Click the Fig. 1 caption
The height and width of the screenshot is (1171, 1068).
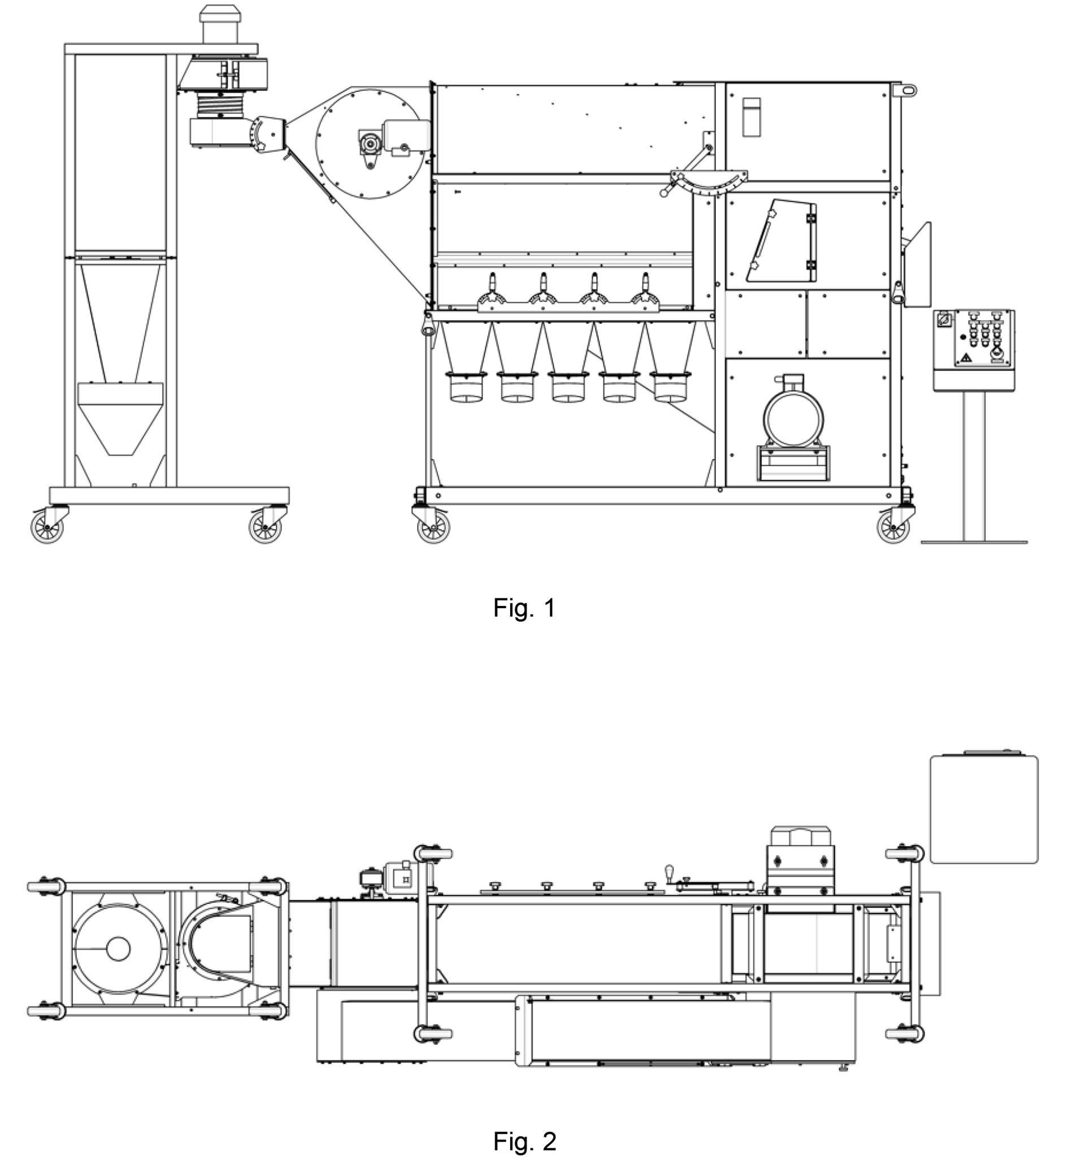524,608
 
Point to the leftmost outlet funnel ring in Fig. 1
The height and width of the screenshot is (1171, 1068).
466,387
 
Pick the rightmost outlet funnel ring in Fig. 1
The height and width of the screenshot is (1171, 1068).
670,387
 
